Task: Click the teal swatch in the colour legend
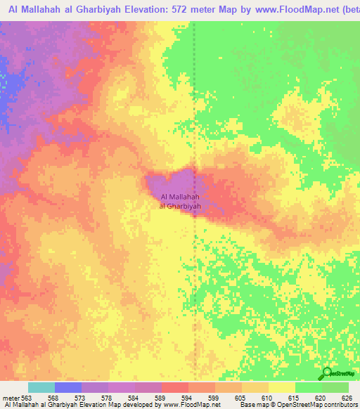tap(41, 387)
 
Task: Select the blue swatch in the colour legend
tap(68, 387)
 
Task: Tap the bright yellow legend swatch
tap(281, 387)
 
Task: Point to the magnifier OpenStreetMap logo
tap(327, 373)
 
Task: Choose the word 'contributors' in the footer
tap(340, 405)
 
